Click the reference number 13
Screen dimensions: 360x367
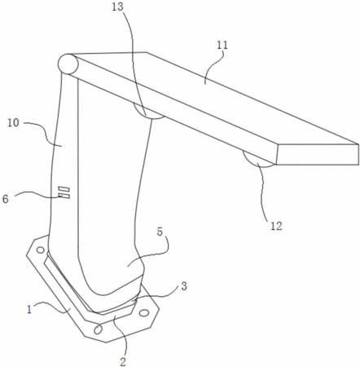coord(117,7)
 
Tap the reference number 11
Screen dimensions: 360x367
coord(222,45)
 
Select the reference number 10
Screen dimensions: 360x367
coord(13,123)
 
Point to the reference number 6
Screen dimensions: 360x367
coord(6,199)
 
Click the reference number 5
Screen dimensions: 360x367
coord(160,232)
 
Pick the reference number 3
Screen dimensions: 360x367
coord(184,286)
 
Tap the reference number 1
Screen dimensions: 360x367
coord(29,310)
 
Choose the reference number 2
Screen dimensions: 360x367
coord(123,361)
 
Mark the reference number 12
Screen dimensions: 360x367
coord(276,226)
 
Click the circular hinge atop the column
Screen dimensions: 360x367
coord(68,64)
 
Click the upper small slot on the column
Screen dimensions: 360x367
coord(64,189)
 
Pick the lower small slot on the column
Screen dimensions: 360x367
coord(64,196)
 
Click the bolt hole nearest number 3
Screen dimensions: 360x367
coord(143,313)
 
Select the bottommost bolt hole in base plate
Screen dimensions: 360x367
coord(98,329)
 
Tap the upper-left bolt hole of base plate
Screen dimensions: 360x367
coord(41,250)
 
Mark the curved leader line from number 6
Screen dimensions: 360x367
coord(38,193)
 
